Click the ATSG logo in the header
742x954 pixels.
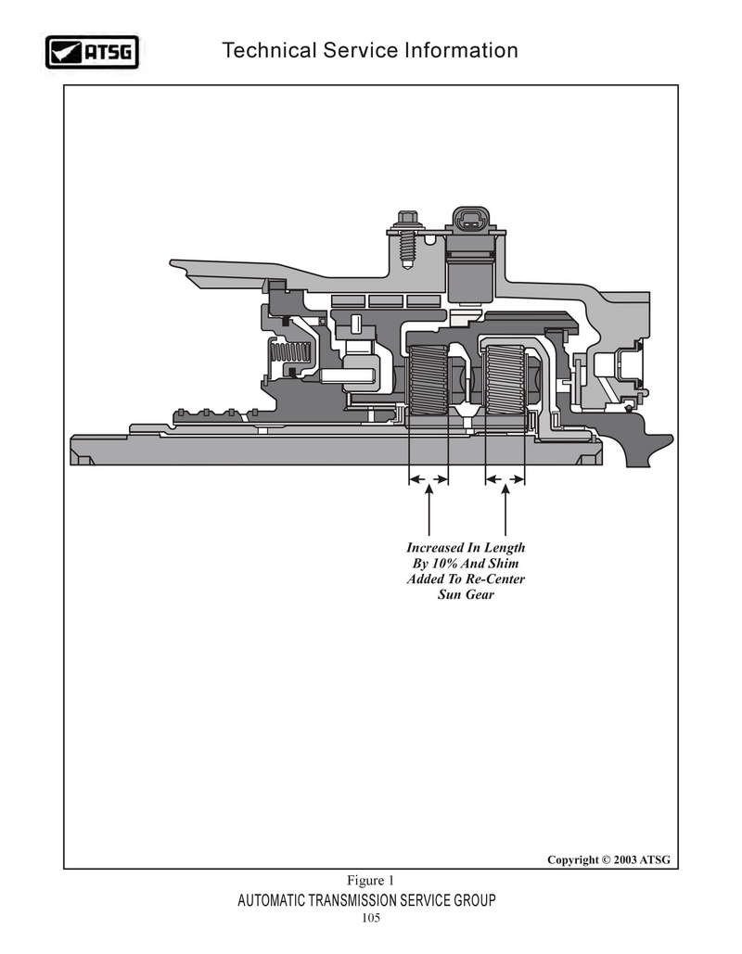click(92, 52)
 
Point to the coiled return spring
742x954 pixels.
click(291, 351)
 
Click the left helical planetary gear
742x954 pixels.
click(429, 380)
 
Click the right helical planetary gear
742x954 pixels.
click(505, 380)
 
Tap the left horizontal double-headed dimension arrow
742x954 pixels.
click(429, 479)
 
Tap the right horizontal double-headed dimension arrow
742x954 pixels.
click(505, 479)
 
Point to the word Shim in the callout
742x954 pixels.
click(503, 564)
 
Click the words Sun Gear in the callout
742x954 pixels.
click(466, 594)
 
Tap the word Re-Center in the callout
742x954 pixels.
click(495, 579)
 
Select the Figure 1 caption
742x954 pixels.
click(371, 881)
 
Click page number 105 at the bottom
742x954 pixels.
click(371, 918)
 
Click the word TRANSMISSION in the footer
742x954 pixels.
click(355, 900)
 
